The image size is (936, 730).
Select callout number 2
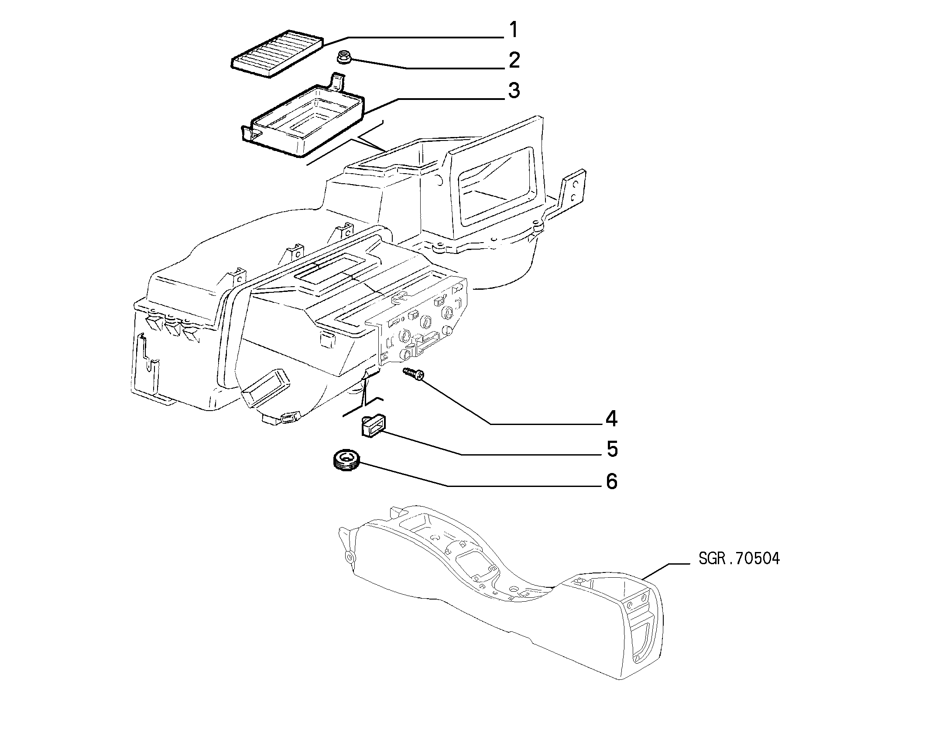514,60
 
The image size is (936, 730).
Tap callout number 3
514,91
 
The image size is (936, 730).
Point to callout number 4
611,419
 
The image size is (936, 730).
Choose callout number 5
612,449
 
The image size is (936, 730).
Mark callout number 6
612,481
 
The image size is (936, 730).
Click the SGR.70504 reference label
739,559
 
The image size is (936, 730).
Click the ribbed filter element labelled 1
278,53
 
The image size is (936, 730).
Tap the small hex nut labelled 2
344,57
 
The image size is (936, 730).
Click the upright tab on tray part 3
336,82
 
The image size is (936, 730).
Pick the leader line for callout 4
511,401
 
